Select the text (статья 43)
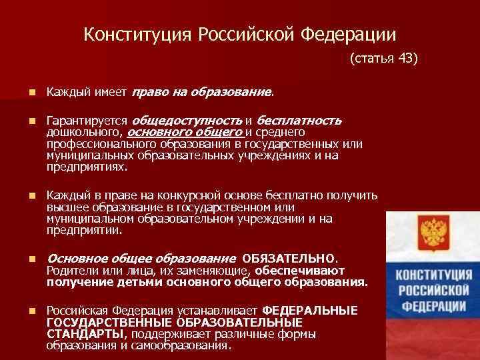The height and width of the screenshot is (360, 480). click(383, 59)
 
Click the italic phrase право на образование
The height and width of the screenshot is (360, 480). click(203, 90)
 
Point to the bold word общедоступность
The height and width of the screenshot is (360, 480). click(187, 121)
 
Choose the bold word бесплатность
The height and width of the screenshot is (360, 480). click(299, 121)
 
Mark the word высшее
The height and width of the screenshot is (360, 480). click(66, 207)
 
